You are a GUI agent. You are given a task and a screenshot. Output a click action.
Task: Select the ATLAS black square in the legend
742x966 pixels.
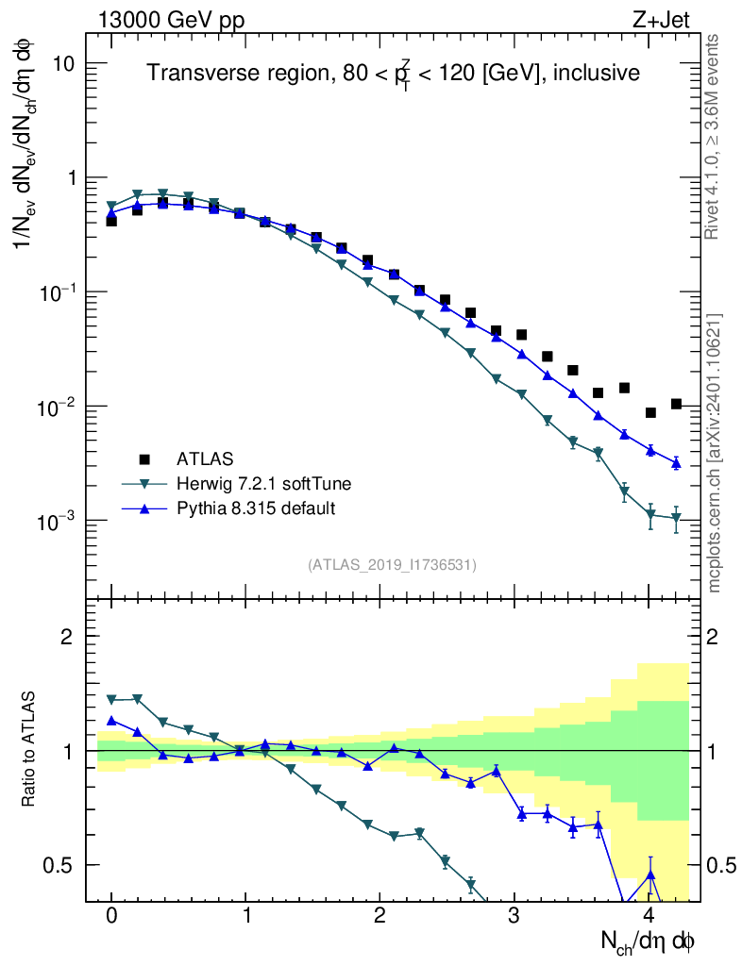(x=144, y=459)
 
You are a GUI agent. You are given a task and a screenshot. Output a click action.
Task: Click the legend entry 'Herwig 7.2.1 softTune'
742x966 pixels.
(x=263, y=484)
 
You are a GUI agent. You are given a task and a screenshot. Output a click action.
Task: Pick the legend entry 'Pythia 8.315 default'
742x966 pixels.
(x=256, y=508)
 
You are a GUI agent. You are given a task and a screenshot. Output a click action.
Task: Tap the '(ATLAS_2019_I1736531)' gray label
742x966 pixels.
(x=392, y=565)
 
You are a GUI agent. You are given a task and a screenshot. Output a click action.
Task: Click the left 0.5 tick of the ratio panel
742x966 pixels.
(x=63, y=865)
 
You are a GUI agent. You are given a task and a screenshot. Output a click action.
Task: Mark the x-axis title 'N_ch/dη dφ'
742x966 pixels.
(x=649, y=941)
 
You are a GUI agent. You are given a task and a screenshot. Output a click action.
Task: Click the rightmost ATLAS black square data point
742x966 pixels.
(x=676, y=404)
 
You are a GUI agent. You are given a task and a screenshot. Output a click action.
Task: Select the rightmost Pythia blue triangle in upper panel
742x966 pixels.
(x=676, y=462)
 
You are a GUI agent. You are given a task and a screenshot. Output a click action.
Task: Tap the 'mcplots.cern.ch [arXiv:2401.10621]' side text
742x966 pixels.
(x=715, y=453)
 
